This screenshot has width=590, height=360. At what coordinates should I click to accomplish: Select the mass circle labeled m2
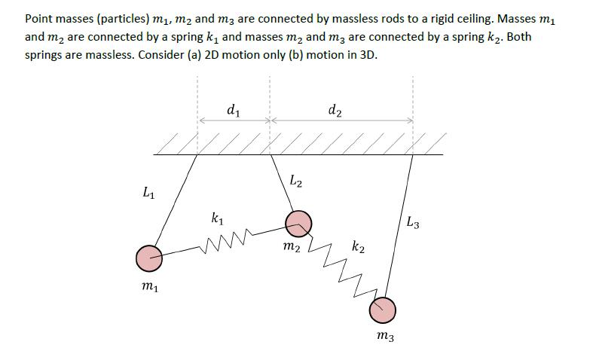298,222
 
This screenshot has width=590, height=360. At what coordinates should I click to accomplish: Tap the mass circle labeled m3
382,309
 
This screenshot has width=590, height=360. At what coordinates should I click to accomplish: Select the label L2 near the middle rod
296,181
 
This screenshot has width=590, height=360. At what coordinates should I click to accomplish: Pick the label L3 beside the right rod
412,222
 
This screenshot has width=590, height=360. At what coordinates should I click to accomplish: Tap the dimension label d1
234,111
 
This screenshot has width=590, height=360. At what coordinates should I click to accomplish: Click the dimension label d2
335,111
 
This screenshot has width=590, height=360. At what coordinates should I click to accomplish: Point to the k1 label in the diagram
217,219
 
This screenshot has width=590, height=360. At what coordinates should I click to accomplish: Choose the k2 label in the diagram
359,247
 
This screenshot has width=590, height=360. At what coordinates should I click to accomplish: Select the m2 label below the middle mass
291,247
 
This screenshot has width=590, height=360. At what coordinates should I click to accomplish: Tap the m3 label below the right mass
384,337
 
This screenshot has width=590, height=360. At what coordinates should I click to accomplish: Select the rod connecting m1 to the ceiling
176,200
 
